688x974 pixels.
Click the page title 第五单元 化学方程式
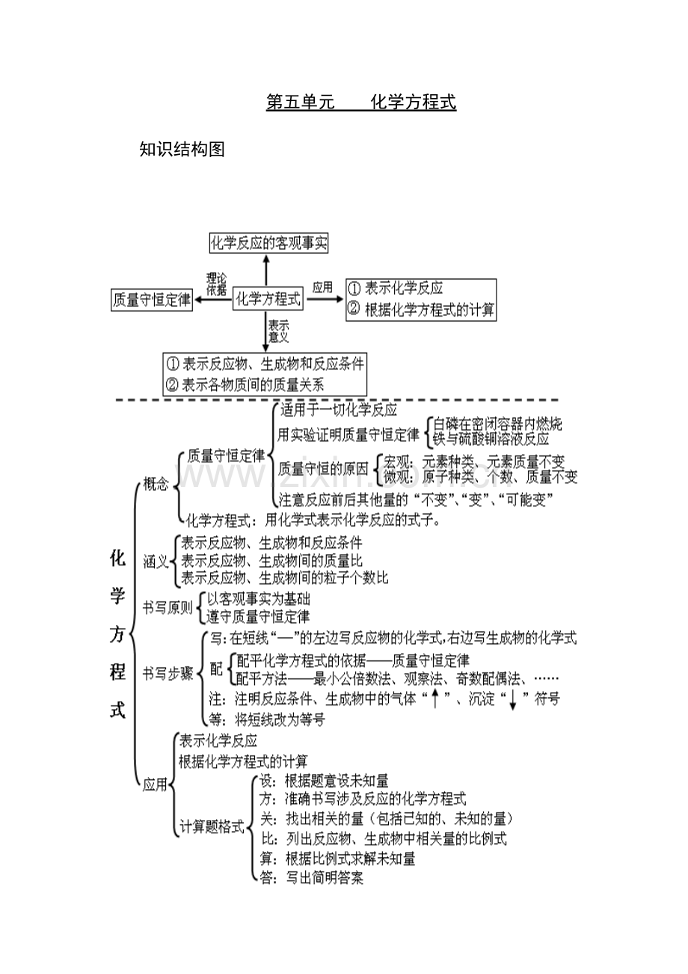click(x=361, y=102)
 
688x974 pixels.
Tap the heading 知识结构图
click(x=182, y=150)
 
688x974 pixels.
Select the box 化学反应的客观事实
click(x=268, y=242)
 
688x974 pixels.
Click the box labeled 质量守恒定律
click(x=152, y=299)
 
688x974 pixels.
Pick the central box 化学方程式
click(x=268, y=298)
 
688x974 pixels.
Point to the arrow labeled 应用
click(x=325, y=298)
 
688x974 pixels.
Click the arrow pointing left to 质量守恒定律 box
click(x=213, y=299)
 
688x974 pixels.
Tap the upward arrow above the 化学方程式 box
click(x=266, y=271)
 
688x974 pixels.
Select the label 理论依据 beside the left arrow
click(x=216, y=284)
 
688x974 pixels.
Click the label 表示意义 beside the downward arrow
click(x=279, y=331)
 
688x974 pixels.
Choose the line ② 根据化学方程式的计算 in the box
click(x=422, y=310)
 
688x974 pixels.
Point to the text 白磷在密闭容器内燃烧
click(x=497, y=424)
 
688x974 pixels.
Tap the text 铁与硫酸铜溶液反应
click(x=491, y=439)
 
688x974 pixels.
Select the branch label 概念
click(x=156, y=483)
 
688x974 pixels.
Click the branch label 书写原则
click(x=168, y=607)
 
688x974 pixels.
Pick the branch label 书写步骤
click(x=168, y=673)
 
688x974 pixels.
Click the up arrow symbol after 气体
click(x=435, y=699)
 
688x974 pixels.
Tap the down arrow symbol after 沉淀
click(x=513, y=700)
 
